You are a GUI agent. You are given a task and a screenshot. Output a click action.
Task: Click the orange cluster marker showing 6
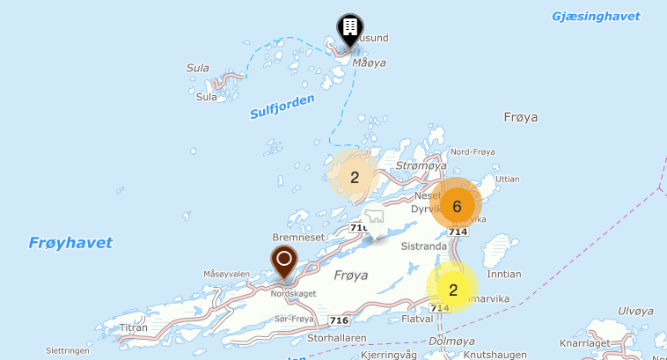tap(457, 207)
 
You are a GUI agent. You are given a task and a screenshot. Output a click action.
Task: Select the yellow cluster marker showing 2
tap(452, 290)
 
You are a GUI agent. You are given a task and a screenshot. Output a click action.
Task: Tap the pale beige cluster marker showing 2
tap(355, 177)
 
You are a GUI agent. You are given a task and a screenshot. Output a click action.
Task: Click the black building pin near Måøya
tap(349, 30)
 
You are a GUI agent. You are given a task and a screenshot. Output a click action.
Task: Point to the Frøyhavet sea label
tap(70, 243)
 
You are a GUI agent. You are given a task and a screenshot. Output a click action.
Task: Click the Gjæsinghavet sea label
tap(595, 17)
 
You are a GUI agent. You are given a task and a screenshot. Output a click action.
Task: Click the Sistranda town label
tap(423, 247)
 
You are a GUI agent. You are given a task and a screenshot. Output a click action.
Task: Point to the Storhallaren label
tap(336, 337)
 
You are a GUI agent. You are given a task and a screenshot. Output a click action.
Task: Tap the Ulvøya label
tap(634, 310)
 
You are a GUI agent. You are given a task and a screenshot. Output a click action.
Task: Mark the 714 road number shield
tap(457, 232)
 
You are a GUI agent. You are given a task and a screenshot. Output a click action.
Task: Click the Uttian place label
tap(508, 179)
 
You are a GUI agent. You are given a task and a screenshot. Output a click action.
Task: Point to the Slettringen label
tap(68, 349)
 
